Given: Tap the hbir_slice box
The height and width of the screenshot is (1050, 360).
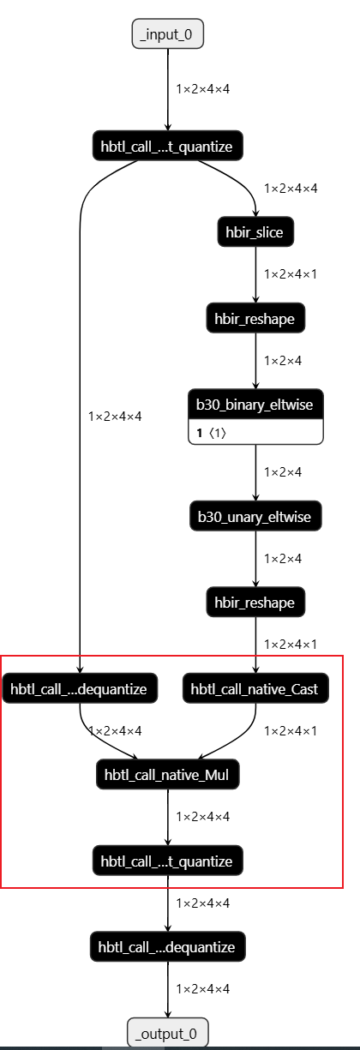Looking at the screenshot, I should pyautogui.click(x=255, y=231).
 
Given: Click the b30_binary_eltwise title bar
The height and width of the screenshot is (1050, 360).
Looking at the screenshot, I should pyautogui.click(x=255, y=405).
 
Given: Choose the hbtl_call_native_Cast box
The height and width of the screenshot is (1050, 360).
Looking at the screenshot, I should pyautogui.click(x=255, y=688).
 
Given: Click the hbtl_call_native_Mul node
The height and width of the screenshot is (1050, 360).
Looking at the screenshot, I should pyautogui.click(x=168, y=775).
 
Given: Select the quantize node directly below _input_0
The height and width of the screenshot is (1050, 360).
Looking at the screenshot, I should pyautogui.click(x=168, y=146).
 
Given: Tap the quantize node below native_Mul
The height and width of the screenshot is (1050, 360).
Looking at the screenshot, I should pyautogui.click(x=168, y=860).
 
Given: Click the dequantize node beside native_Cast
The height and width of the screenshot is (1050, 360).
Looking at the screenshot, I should pyautogui.click(x=80, y=688).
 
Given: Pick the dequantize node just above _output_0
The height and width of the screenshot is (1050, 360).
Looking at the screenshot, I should pyautogui.click(x=168, y=946).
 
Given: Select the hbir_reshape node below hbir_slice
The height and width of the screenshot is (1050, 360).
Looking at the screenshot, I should pyautogui.click(x=255, y=319).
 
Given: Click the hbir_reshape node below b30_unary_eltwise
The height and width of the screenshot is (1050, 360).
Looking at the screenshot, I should pyautogui.click(x=255, y=603).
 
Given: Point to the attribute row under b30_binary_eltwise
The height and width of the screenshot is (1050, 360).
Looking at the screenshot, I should pyautogui.click(x=255, y=434).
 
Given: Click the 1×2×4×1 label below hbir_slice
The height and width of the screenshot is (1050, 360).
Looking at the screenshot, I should pyautogui.click(x=291, y=274).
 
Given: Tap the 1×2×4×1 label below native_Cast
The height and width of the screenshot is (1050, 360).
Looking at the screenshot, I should pyautogui.click(x=291, y=731).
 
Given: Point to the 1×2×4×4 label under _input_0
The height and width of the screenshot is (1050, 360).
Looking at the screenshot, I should pyautogui.click(x=203, y=88).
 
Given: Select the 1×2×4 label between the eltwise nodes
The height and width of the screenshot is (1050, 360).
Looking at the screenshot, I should pyautogui.click(x=283, y=472).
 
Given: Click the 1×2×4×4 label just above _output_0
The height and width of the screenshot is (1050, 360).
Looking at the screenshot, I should pyautogui.click(x=203, y=988).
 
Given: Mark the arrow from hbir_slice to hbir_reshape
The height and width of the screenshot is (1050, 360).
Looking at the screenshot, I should pyautogui.click(x=255, y=274).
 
